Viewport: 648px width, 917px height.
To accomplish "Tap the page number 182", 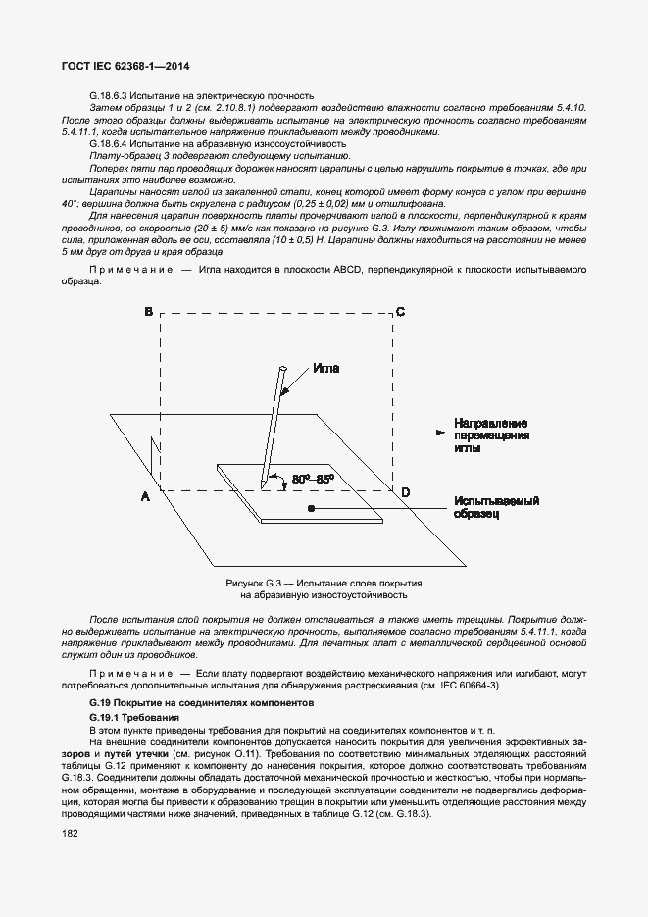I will point(70,833).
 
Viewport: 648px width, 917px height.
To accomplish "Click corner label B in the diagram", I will point(148,312).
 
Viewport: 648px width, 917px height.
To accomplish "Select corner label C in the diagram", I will point(400,312).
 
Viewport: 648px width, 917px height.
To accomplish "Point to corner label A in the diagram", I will point(145,497).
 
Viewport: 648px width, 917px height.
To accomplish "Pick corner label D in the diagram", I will point(406,491).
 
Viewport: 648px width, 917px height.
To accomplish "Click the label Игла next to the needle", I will point(326,369).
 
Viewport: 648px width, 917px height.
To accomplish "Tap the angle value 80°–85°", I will point(314,479).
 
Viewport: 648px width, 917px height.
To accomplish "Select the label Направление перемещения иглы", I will point(491,434).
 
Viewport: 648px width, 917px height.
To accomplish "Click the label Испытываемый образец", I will point(497,507).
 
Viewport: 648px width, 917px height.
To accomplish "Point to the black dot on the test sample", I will point(311,509).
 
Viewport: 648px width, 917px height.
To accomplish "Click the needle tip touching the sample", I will point(263,486).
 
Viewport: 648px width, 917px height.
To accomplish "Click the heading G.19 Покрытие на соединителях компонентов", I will point(200,703).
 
